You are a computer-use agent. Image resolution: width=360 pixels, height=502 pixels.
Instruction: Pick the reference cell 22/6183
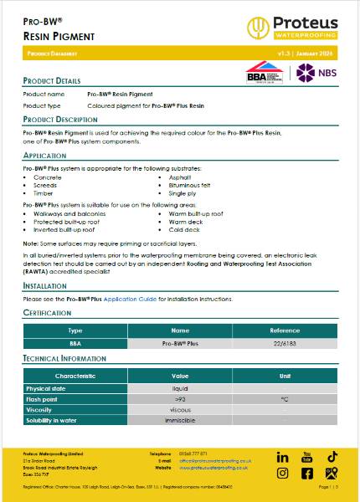pyautogui.click(x=285, y=343)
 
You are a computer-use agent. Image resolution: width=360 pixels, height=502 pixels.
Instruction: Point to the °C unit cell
pyautogui.click(x=285, y=399)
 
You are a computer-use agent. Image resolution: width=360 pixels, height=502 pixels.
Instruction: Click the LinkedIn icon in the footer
pyautogui.click(x=282, y=458)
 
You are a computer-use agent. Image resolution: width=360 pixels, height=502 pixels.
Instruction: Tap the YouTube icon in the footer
pyautogui.click(x=306, y=457)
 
